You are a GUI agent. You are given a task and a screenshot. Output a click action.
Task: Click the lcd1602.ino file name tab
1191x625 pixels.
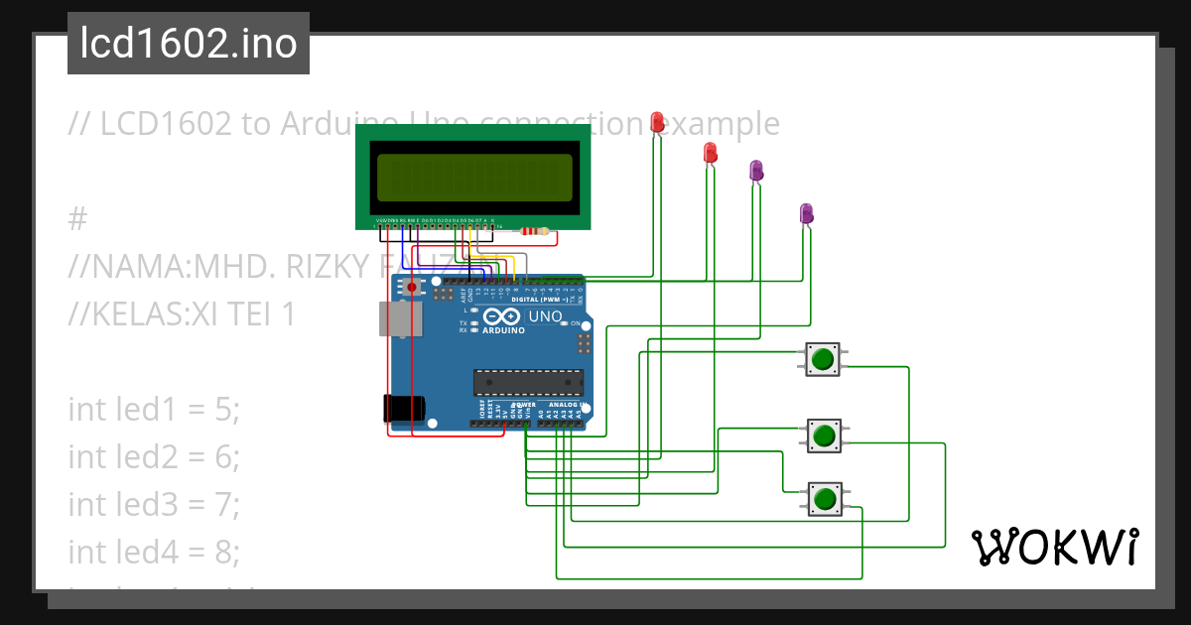click(x=188, y=44)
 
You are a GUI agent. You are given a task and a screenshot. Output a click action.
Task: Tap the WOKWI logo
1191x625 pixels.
click(x=1053, y=547)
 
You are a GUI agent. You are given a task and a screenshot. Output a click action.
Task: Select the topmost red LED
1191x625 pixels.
click(x=657, y=122)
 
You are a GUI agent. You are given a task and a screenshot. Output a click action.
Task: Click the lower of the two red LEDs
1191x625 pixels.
click(x=710, y=153)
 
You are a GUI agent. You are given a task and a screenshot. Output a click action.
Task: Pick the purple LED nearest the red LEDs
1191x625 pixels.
click(x=756, y=171)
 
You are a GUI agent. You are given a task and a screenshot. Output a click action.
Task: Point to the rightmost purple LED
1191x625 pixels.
click(x=806, y=213)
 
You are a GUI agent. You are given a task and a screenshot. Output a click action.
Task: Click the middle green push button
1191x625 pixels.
click(x=822, y=435)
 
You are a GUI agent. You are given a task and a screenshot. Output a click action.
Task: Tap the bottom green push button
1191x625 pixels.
click(x=822, y=497)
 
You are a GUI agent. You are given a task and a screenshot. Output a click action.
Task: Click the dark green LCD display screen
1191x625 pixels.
click(x=472, y=177)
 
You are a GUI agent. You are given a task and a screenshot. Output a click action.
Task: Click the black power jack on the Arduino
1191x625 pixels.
click(x=404, y=407)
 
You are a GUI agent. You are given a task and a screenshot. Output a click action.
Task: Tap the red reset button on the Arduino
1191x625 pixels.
click(x=411, y=288)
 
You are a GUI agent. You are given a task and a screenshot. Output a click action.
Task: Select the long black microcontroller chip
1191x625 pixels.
click(x=528, y=382)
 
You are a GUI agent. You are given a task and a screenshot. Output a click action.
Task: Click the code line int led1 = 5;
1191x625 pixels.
click(x=154, y=409)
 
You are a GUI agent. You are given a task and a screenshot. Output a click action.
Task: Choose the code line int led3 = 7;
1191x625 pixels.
click(x=154, y=504)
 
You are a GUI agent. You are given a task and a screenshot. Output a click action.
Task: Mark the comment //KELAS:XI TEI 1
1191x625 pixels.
click(x=182, y=313)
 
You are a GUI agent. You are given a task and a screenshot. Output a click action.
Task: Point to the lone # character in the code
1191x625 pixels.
click(x=79, y=218)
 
